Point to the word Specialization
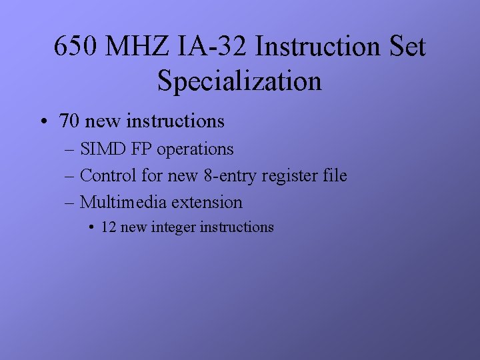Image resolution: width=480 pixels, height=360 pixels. tap(239, 81)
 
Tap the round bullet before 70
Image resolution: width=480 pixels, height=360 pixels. tap(43, 122)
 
